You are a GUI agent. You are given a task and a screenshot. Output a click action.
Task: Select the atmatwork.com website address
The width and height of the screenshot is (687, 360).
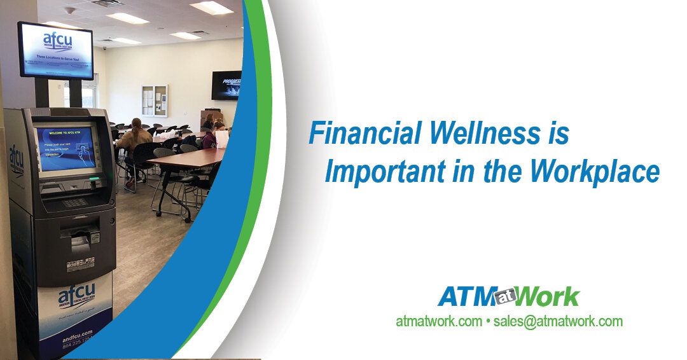pos(438,321)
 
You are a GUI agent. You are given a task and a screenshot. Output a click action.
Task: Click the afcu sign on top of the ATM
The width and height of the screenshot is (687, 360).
pos(55,49)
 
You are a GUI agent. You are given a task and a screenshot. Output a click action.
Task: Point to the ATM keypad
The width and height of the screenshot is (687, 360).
pos(75,202)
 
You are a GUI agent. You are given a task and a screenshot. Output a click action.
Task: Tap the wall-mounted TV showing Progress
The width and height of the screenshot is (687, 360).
pos(226,85)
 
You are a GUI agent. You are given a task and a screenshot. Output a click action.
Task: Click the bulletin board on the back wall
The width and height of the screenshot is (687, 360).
pos(155,100)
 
